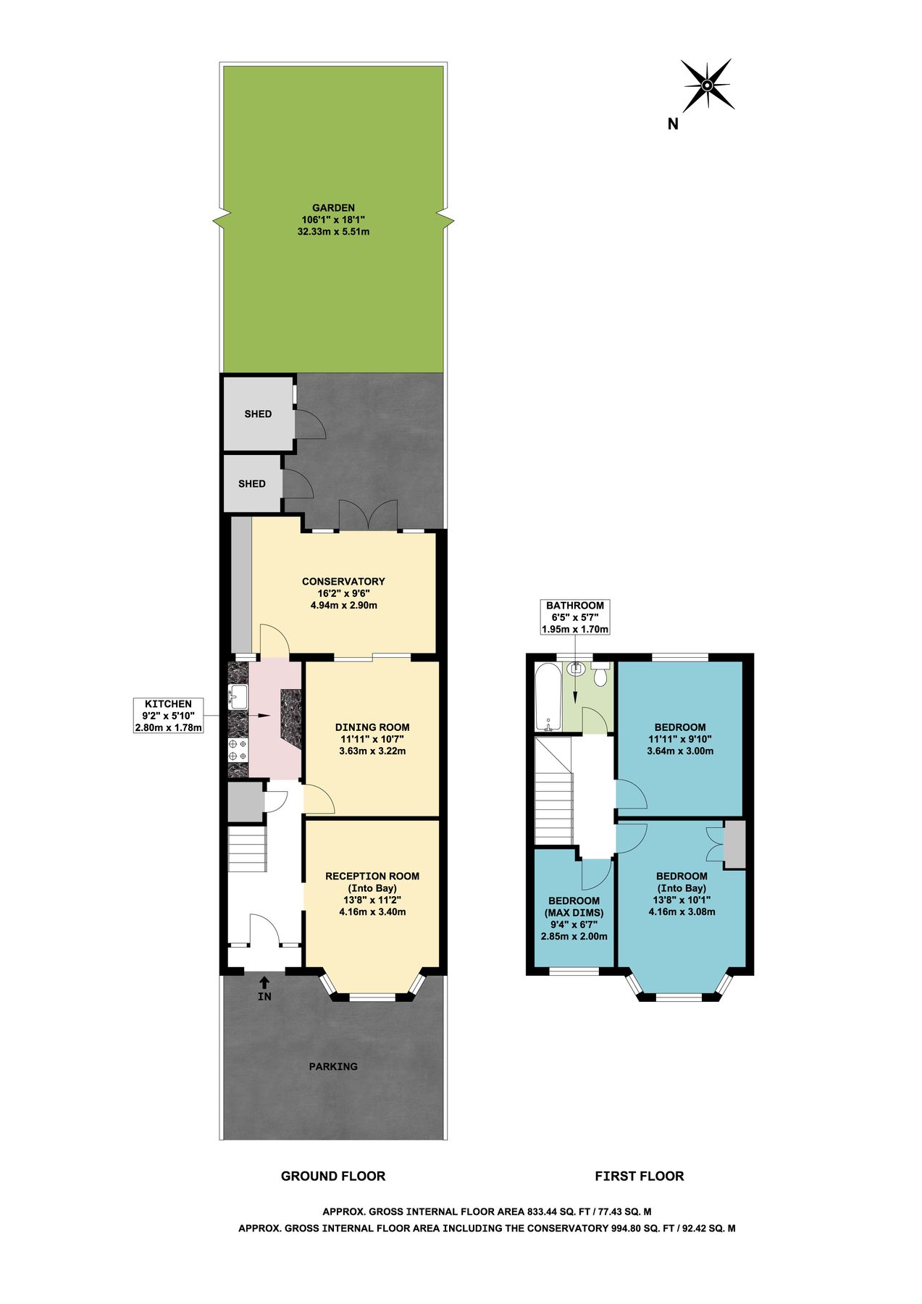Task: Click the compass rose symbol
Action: pyautogui.click(x=707, y=85)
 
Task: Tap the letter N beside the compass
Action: pyautogui.click(x=673, y=124)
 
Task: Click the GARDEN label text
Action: pyautogui.click(x=333, y=208)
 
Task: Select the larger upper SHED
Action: pyautogui.click(x=258, y=414)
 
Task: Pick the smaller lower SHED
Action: pyautogui.click(x=252, y=483)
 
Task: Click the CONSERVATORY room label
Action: pyautogui.click(x=343, y=581)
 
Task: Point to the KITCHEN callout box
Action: pyautogui.click(x=168, y=715)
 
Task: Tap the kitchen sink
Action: pyautogui.click(x=238, y=696)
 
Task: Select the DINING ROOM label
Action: pyautogui.click(x=372, y=727)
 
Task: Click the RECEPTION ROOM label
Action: pyautogui.click(x=372, y=876)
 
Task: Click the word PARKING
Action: pyautogui.click(x=333, y=1066)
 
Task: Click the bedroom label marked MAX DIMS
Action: pyautogui.click(x=574, y=912)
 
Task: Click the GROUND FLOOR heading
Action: pyautogui.click(x=333, y=1176)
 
